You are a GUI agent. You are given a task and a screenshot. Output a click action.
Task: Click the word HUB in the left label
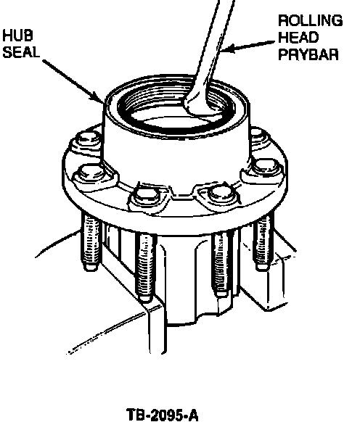(x=18, y=36)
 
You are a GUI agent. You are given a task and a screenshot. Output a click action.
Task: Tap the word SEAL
(x=21, y=51)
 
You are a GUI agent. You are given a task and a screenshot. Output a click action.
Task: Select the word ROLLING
(x=311, y=21)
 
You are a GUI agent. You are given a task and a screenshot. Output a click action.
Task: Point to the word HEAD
(x=298, y=37)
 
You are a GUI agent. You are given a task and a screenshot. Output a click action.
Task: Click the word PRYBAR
(x=308, y=54)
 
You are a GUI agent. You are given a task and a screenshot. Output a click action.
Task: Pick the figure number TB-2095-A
(x=162, y=415)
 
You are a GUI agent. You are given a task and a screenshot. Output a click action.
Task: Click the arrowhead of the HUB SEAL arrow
(x=99, y=97)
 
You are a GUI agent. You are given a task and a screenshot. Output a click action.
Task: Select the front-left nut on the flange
(x=145, y=196)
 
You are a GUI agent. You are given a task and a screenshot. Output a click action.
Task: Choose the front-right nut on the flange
(x=221, y=193)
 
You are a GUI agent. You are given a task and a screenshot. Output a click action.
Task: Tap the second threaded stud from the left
(x=145, y=266)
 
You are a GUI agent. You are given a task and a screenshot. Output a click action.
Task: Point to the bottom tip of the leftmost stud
(x=91, y=268)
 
